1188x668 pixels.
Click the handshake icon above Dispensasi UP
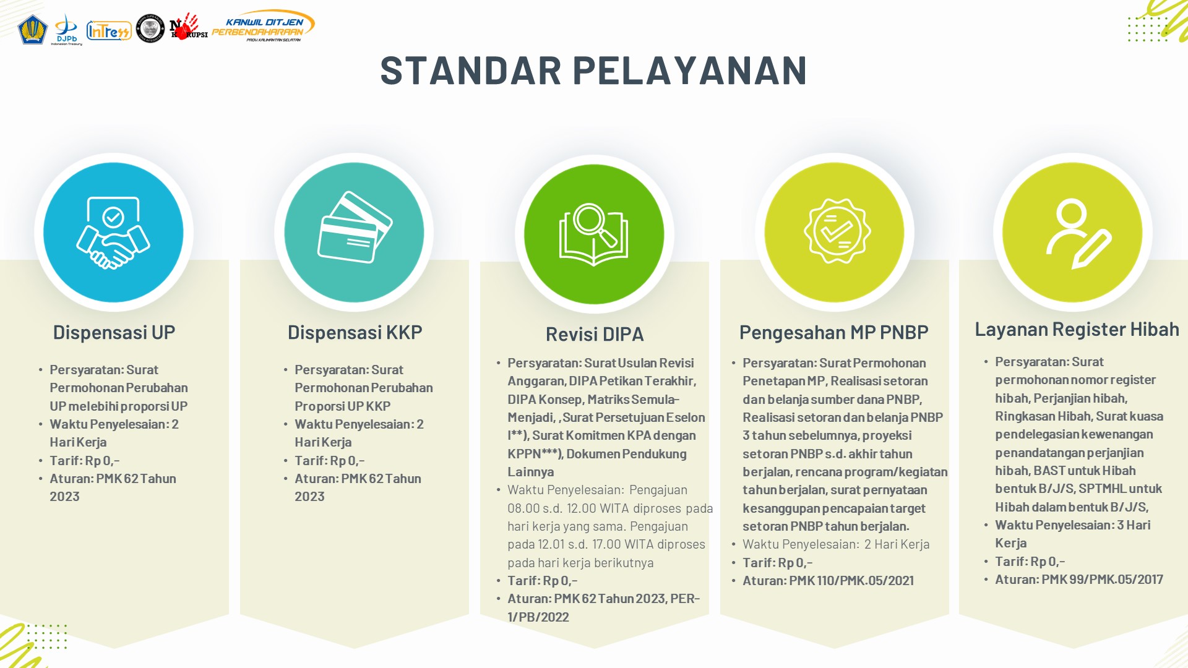click(113, 233)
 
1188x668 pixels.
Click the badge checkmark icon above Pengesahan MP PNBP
click(837, 231)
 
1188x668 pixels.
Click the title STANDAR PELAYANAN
click(593, 70)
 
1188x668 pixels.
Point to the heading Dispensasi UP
click(114, 332)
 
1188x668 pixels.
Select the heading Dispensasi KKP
click(355, 332)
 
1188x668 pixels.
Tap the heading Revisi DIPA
click(595, 334)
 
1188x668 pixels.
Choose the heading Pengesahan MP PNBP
click(833, 332)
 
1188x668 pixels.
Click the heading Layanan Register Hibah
click(1077, 329)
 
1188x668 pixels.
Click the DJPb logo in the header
click(66, 29)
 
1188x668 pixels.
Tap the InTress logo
click(109, 30)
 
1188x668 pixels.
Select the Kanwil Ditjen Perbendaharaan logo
click(263, 26)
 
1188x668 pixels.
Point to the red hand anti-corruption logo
click(188, 27)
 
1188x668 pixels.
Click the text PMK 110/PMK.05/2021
click(851, 581)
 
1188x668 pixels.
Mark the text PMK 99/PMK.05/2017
click(1102, 580)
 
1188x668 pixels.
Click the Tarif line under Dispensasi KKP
click(329, 461)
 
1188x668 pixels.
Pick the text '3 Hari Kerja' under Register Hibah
click(1073, 534)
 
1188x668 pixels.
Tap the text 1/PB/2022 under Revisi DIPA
click(538, 617)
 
